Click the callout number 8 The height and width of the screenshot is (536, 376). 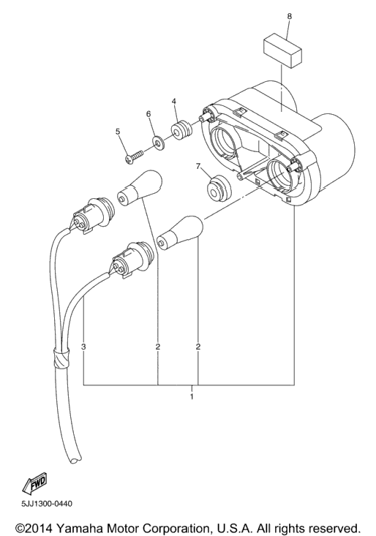tap(290, 16)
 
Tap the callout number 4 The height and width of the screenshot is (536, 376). tap(174, 101)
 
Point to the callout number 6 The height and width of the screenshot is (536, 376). tap(148, 114)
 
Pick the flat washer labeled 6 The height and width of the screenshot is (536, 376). tap(158, 142)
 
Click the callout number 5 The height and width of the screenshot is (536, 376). tap(118, 132)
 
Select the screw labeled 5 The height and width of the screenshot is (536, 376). tap(135, 156)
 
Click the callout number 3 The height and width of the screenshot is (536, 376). tap(83, 347)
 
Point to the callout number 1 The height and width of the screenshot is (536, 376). tap(192, 396)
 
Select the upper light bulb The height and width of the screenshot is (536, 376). tap(139, 188)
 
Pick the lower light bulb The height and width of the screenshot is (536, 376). tap(180, 233)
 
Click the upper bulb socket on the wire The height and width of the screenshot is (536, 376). tap(91, 215)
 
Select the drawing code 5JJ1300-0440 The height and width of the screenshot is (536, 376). tap(47, 504)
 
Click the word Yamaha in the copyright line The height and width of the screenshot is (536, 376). tap(76, 526)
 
